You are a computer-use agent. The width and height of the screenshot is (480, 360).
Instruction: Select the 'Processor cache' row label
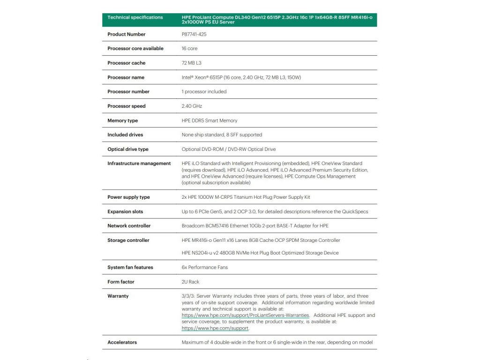(x=126, y=63)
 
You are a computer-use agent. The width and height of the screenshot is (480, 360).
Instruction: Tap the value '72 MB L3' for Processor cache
(x=191, y=63)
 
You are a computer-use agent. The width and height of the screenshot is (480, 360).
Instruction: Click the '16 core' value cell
(x=189, y=48)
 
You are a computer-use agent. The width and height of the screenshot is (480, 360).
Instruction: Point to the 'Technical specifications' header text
(x=135, y=17)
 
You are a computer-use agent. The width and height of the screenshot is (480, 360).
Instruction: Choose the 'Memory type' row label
(x=122, y=120)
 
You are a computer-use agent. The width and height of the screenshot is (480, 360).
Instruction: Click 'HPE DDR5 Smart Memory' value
(x=209, y=120)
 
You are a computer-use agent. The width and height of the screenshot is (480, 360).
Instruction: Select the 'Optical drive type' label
(x=127, y=149)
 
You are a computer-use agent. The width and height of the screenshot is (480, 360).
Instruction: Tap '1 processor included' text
(x=204, y=91)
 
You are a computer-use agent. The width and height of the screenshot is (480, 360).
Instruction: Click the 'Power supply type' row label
(x=129, y=197)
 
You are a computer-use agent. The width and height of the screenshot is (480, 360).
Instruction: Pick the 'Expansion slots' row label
(x=126, y=211)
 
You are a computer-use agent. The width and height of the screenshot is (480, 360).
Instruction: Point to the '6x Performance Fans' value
(x=204, y=267)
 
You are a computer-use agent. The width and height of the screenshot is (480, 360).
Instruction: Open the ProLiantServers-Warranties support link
(x=245, y=315)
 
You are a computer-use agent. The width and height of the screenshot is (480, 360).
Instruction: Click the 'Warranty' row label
(x=118, y=296)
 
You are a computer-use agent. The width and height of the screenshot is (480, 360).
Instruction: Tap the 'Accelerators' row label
(x=122, y=342)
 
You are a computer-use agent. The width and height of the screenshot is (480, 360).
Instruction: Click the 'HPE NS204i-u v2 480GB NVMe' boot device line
(x=260, y=253)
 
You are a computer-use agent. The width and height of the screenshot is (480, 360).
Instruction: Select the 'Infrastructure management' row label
(x=139, y=164)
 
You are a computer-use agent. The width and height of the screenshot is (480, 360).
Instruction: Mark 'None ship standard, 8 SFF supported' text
(x=222, y=135)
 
